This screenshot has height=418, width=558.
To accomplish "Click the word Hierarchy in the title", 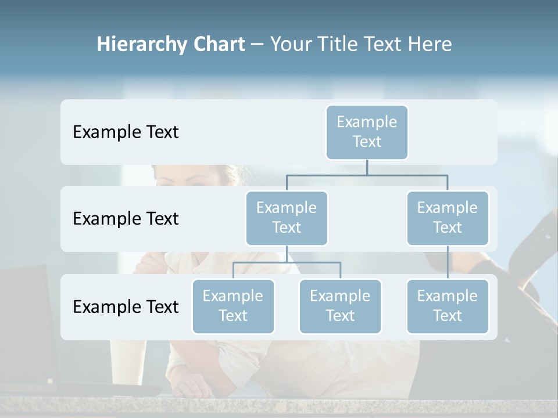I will point(142,44).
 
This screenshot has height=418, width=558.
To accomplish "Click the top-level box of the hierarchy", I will point(367,132).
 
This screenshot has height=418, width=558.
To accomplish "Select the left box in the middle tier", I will point(287,218).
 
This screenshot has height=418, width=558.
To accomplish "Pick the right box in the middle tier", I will point(448,218).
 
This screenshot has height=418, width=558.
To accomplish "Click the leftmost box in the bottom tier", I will point(233,306).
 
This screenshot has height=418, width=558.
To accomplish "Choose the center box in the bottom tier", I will point(340,306).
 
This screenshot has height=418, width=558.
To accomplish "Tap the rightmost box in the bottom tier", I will point(448,306).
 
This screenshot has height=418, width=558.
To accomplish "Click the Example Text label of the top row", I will point(126,132).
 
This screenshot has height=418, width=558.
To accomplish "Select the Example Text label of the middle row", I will point(126,218).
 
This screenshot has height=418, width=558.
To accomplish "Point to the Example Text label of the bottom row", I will point(126,307).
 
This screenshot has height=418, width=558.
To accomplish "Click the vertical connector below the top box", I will point(367,167).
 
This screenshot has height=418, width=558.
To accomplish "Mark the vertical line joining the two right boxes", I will point(448,262).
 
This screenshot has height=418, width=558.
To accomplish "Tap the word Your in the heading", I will point(289,44).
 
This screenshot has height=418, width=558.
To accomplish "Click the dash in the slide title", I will point(257,44).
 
